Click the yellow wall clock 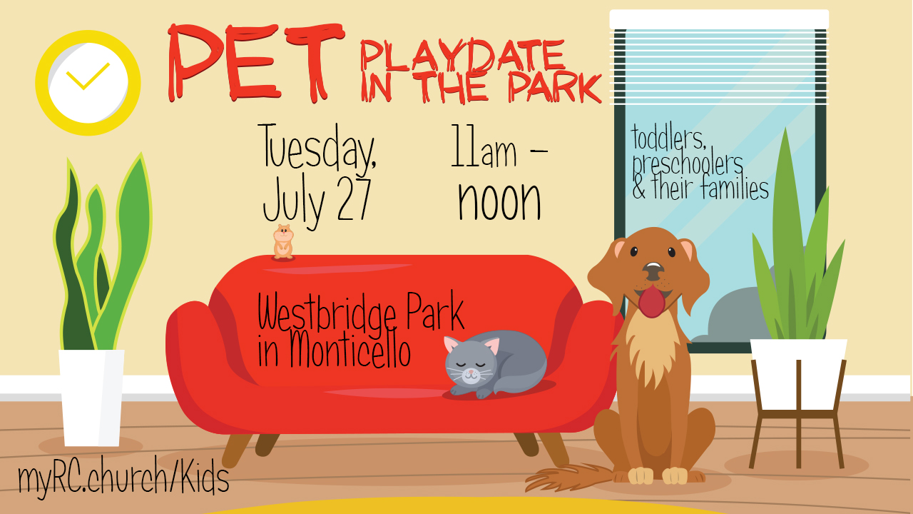point(88,83)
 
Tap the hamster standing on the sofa point(283,241)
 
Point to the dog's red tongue point(652,301)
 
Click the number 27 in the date point(354,200)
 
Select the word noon point(500,201)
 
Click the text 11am point(484,147)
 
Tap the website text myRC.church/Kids point(123,477)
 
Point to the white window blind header point(719,19)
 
